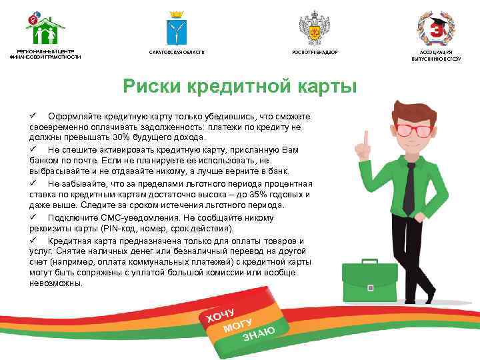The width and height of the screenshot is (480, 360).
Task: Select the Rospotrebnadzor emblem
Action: [315, 27]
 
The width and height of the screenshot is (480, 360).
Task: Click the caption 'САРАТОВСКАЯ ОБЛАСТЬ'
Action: [177, 52]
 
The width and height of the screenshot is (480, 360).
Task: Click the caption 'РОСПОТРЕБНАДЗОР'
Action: [315, 52]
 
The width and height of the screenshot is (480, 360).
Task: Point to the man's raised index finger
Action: [366, 137]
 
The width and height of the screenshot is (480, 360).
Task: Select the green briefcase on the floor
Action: [369, 280]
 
